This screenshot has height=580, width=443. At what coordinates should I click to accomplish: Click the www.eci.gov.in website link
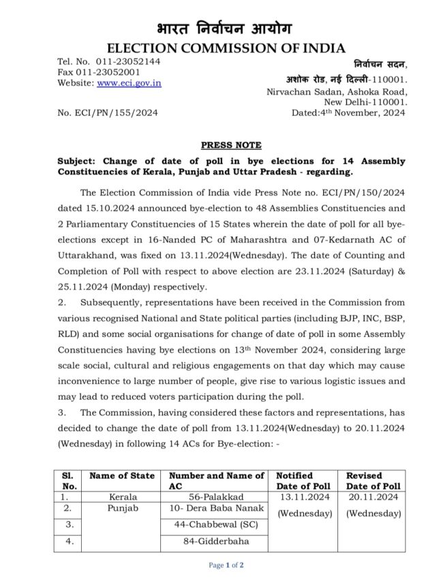point(129,83)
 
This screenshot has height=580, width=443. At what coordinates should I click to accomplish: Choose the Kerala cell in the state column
point(122,497)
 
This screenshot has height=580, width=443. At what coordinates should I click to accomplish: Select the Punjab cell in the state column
point(122,509)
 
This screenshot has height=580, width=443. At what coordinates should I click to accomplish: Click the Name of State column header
point(122,475)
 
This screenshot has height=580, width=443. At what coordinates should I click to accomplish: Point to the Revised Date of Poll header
point(373,481)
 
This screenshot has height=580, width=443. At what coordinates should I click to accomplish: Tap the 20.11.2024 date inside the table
point(373,497)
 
